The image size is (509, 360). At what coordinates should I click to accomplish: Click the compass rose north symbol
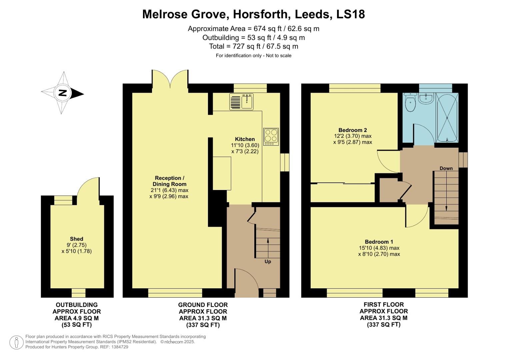click(x=63, y=93)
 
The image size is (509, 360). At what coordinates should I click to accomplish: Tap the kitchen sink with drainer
click(x=242, y=101)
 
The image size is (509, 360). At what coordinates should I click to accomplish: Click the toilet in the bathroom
click(x=410, y=102)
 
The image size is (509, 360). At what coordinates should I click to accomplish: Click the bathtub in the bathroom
click(x=447, y=117)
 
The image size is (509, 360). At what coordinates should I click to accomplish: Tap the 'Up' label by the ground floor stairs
click(x=268, y=262)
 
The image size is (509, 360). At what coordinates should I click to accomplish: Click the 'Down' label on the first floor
click(x=446, y=168)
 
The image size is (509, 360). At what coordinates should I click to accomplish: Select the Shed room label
click(x=76, y=239)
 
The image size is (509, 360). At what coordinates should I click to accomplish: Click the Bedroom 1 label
click(x=379, y=242)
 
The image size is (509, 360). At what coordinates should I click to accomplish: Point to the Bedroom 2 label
click(x=353, y=130)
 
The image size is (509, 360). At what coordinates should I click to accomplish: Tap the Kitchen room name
click(x=245, y=139)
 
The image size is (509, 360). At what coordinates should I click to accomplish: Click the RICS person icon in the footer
click(x=16, y=342)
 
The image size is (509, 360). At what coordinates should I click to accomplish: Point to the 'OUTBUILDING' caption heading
click(x=77, y=305)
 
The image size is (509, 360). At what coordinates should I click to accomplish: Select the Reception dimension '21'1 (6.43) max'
click(x=169, y=190)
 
